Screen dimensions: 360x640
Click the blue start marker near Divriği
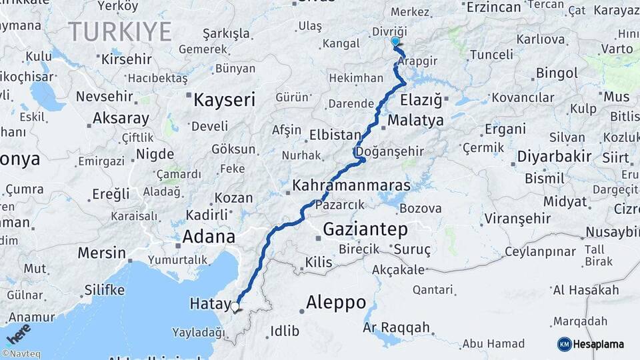pos(395,42)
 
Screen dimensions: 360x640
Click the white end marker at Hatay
pos(235,307)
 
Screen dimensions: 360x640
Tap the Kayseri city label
pos(224,101)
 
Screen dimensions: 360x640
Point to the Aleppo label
pos(335,303)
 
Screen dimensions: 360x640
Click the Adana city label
pos(210,237)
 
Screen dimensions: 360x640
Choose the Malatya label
pos(415,121)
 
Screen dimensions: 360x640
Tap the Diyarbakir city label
pos(554,157)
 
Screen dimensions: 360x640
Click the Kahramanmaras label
pos(351,185)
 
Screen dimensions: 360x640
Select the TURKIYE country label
pos(120,31)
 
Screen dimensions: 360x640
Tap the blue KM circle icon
pos(565,344)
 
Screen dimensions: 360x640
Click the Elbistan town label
pos(335,135)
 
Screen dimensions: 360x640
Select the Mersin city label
pos(101,253)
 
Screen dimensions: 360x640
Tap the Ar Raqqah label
pos(397,328)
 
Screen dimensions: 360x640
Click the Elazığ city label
pos(421,101)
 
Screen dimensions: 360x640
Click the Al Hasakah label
pos(585,290)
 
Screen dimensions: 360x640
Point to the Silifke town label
pos(105,290)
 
